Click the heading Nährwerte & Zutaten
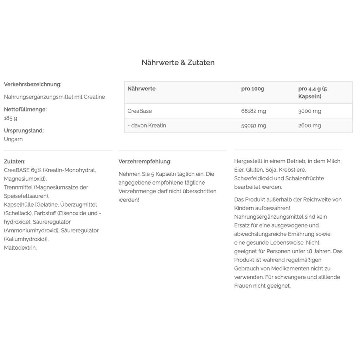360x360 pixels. tap(178, 63)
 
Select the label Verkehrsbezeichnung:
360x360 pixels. tap(33, 84)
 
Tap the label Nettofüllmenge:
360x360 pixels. tap(25, 109)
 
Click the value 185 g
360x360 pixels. tap(11, 118)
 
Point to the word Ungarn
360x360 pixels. tap(13, 139)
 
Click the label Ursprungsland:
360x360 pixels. tap(24, 130)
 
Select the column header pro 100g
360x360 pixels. tap(253, 89)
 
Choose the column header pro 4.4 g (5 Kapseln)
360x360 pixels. tap(312, 92)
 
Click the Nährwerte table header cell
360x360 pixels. tap(141, 89)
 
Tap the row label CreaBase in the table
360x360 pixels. tap(140, 111)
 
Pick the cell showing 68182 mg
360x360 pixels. tap(253, 111)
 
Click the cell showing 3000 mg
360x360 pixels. tap(309, 111)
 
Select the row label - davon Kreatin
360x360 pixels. tap(147, 126)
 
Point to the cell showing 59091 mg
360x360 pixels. tap(253, 126)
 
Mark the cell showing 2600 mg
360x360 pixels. tap(309, 126)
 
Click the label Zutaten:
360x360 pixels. tap(15, 162)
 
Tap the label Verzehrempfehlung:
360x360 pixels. tap(145, 162)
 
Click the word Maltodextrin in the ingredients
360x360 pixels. tap(20, 248)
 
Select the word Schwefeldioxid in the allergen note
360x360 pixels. tap(253, 179)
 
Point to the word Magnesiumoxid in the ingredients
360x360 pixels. tap(25, 179)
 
